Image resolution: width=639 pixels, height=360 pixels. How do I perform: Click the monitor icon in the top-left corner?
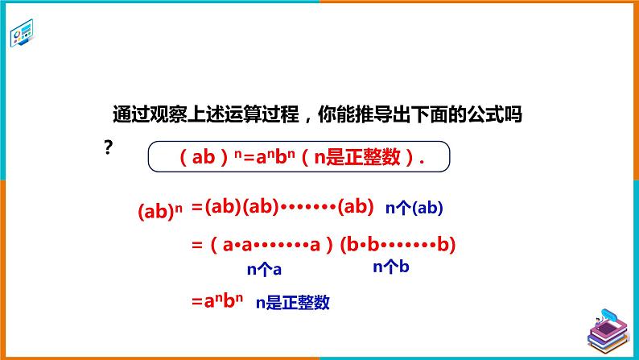pos(22,33)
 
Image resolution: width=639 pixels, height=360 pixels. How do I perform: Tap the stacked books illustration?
pos(608,332)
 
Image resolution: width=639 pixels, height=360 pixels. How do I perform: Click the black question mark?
pos(108,147)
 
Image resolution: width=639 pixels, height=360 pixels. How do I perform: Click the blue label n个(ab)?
pos(414,208)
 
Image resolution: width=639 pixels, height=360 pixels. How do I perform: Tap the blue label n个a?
pos(264,269)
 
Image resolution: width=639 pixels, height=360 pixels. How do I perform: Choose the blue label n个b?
pos(391,267)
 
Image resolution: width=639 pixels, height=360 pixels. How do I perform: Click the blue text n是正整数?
pos(293,303)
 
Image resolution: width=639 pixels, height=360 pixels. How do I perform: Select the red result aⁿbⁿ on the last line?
pos(217,301)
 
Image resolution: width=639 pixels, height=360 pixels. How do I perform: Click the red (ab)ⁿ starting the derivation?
pos(160,211)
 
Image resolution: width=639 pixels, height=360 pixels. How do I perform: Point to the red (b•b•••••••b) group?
pos(398,245)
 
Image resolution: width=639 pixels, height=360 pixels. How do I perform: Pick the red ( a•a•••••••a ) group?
pos(272,245)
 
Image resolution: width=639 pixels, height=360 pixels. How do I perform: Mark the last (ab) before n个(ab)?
pos(356,207)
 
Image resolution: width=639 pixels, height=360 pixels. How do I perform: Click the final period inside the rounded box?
pos(422,162)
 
